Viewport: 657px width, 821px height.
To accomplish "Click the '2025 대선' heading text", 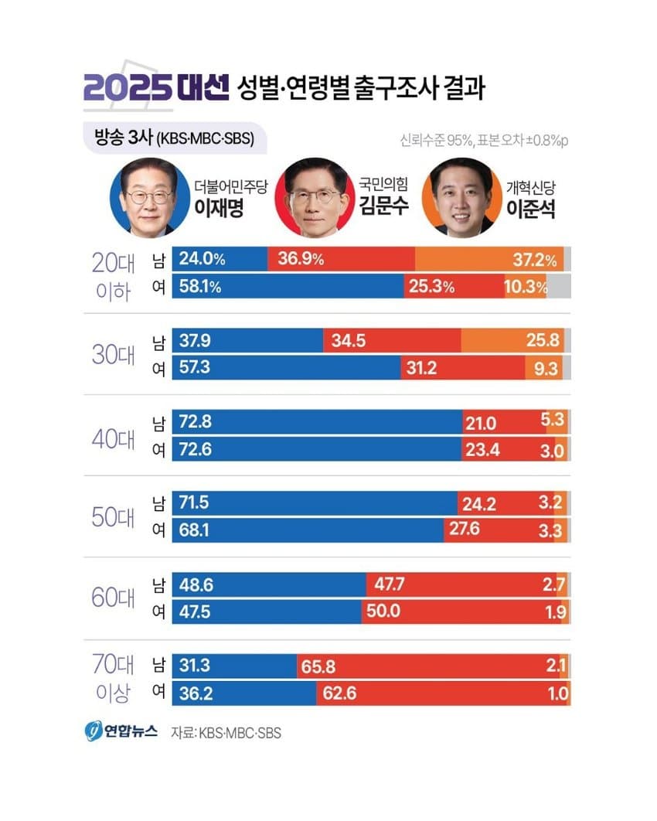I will [x=156, y=87].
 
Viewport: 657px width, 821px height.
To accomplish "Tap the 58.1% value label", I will [x=199, y=287].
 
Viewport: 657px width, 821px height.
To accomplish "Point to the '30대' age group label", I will [x=114, y=355].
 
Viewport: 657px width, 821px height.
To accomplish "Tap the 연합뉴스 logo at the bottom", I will [x=121, y=731].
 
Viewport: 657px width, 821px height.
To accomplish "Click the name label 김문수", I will [x=383, y=206].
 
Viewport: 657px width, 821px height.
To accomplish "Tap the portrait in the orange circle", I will [x=462, y=199].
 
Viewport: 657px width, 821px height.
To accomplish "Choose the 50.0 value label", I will [x=388, y=611].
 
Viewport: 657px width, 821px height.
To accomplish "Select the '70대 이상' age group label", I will [x=114, y=679].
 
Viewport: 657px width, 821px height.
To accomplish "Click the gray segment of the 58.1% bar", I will [x=559, y=287].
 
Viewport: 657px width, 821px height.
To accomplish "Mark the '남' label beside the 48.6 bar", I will [x=158, y=586].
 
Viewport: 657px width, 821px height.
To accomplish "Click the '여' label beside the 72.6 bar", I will [x=158, y=450].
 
